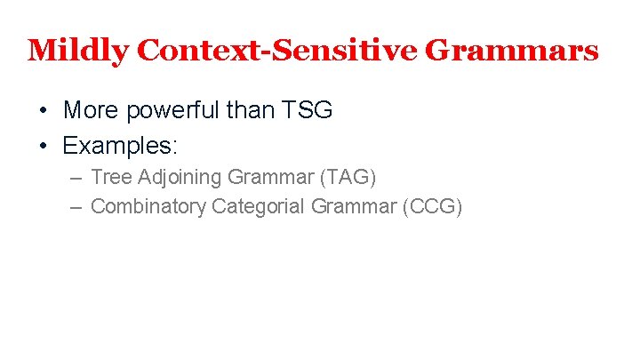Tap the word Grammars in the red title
513,50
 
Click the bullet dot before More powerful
43,111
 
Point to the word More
92,110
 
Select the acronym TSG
308,110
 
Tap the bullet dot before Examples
43,145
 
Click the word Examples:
121,145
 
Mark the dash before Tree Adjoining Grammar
76,178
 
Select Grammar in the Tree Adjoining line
268,178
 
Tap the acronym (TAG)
348,178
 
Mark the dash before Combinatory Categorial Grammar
76,206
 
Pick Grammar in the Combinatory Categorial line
353,206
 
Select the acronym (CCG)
433,206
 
